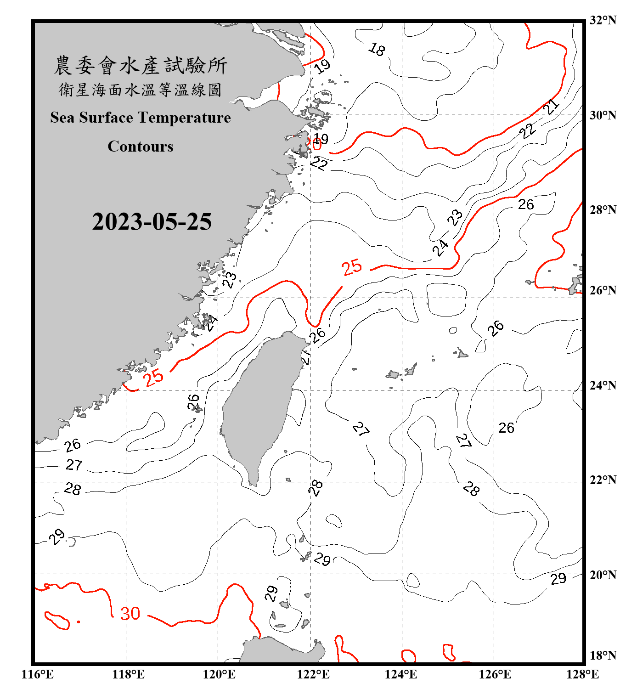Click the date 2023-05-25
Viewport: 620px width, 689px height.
click(x=152, y=222)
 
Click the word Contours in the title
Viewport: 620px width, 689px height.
click(x=141, y=147)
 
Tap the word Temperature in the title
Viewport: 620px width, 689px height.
click(x=184, y=118)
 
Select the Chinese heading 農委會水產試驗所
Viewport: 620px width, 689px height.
click(x=141, y=66)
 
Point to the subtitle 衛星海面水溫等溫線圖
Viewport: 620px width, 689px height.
click(x=141, y=90)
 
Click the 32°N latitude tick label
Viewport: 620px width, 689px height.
click(x=603, y=20)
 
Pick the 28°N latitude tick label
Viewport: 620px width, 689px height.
click(x=603, y=210)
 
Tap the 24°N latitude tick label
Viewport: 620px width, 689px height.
click(x=603, y=385)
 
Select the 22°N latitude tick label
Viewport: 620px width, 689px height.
click(x=603, y=480)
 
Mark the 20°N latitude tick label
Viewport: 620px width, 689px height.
click(x=603, y=575)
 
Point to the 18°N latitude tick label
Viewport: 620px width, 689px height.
click(x=603, y=655)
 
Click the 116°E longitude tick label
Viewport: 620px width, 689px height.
click(x=38, y=674)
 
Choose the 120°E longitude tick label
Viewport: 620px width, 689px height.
click(x=219, y=674)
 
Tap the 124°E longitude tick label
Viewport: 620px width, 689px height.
click(x=401, y=674)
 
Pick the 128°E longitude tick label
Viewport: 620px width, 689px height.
click(x=582, y=674)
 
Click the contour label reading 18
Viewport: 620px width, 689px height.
click(x=377, y=49)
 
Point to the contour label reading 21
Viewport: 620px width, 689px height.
click(x=551, y=107)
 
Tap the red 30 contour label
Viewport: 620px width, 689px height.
click(x=130, y=614)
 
